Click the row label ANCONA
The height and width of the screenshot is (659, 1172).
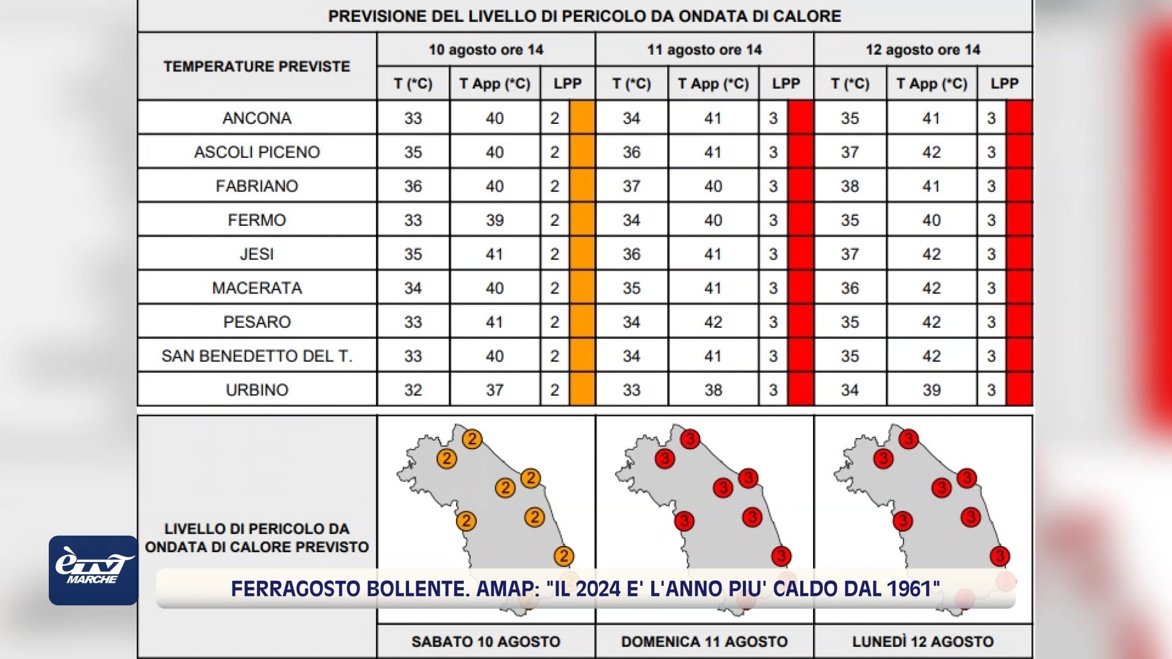[257, 118]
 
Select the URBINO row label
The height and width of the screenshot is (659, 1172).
[257, 389]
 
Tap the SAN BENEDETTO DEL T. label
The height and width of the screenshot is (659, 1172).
[257, 356]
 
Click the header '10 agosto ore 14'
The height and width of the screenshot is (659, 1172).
[486, 49]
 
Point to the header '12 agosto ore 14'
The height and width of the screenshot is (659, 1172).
[923, 49]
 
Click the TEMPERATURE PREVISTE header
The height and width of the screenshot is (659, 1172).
[257, 66]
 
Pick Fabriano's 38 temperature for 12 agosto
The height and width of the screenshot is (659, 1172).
[850, 186]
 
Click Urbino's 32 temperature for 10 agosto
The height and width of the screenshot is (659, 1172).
[413, 390]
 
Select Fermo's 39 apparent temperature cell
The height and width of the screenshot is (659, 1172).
[495, 220]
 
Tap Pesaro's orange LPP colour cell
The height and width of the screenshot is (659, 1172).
[582, 322]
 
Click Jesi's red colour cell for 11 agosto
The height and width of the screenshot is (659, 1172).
[800, 254]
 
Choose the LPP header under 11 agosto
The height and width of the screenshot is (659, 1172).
[786, 84]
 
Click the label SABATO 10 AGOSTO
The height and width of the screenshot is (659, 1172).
[486, 641]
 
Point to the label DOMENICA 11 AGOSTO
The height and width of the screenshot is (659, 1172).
[704, 641]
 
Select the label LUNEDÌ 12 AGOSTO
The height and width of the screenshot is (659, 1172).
[923, 641]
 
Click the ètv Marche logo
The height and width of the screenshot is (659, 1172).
[93, 571]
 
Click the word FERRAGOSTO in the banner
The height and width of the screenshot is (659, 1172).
[296, 589]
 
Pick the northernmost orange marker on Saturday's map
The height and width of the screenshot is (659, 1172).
[472, 439]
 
